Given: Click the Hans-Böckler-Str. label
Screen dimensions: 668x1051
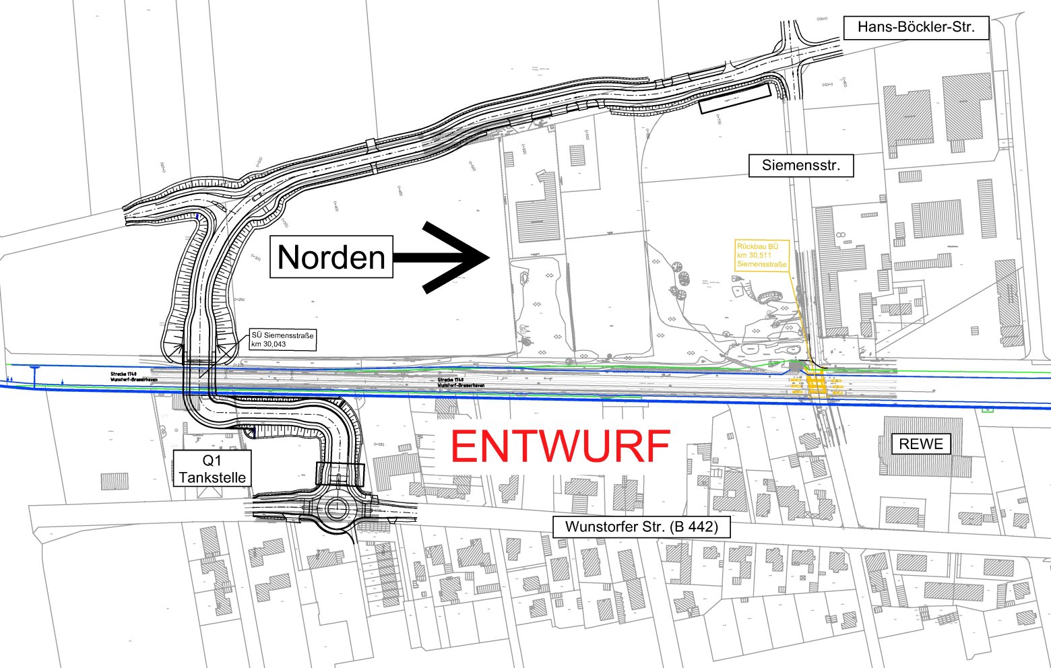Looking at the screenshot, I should tap(916, 28).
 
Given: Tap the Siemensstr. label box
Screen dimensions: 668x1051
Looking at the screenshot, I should tap(801, 165).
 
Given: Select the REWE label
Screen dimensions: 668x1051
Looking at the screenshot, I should tap(921, 444).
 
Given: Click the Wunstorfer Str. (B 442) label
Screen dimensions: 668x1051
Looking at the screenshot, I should tap(641, 527).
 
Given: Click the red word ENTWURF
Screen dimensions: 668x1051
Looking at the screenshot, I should tap(561, 446).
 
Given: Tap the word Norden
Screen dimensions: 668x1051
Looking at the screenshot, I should tap(331, 257).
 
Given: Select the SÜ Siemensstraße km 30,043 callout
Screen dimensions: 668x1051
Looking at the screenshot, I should tap(282, 339).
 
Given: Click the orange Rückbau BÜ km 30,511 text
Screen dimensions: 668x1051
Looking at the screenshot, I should tap(761, 255).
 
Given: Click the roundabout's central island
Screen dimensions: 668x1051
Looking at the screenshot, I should tap(336, 508).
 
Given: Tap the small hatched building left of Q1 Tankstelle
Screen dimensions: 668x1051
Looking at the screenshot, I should tap(115, 481).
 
